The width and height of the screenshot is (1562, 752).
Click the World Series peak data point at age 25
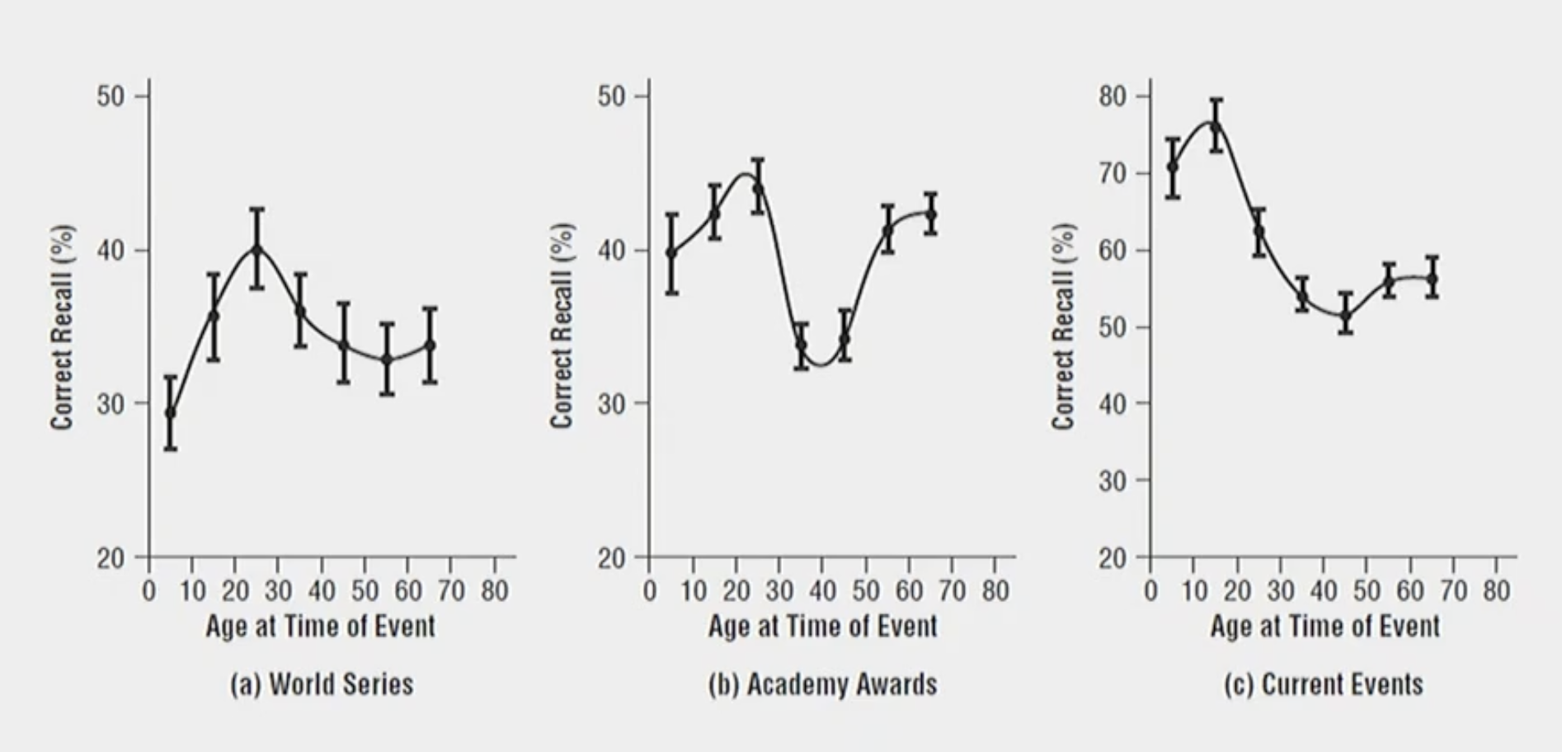pyautogui.click(x=257, y=247)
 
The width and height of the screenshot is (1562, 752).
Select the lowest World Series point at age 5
pyautogui.click(x=171, y=412)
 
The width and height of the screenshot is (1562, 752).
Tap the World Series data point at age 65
pyautogui.click(x=430, y=345)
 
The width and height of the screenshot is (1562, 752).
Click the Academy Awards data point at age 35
pyautogui.click(x=801, y=344)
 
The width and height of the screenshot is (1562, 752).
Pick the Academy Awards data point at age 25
pyautogui.click(x=758, y=188)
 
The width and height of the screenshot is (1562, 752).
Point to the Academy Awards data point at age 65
pyautogui.click(x=931, y=214)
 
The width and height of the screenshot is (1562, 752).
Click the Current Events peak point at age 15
pyautogui.click(x=1216, y=125)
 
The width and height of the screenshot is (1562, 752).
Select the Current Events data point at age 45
pyautogui.click(x=1345, y=314)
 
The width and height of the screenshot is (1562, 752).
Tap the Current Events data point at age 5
pyautogui.click(x=1173, y=167)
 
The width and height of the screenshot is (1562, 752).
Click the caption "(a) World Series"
pyautogui.click(x=322, y=684)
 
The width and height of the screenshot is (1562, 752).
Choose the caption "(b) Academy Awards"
pyautogui.click(x=822, y=684)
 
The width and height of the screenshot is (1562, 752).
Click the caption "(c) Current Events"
pyautogui.click(x=1323, y=684)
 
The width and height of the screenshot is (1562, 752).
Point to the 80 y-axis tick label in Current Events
pyautogui.click(x=1113, y=96)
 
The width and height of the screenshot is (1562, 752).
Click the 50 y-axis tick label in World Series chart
pyautogui.click(x=111, y=96)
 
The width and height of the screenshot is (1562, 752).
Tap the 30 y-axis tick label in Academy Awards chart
pyautogui.click(x=611, y=404)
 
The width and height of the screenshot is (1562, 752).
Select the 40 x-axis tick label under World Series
pyautogui.click(x=322, y=591)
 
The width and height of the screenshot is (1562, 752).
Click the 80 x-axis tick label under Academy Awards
pyautogui.click(x=995, y=591)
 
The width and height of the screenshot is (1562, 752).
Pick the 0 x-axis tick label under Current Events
pyautogui.click(x=1150, y=591)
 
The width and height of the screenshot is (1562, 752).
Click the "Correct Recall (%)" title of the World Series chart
pyautogui.click(x=62, y=327)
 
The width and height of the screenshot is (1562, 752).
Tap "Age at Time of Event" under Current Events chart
pyautogui.click(x=1324, y=627)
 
